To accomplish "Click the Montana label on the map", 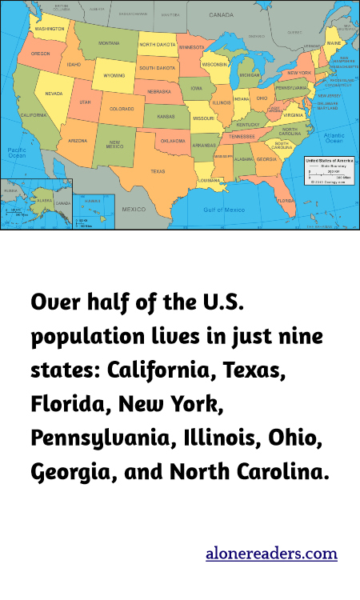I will [x=109, y=42].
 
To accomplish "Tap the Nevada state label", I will [x=54, y=94].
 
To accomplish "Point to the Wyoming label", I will [x=114, y=76].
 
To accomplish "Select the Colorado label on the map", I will [x=122, y=109].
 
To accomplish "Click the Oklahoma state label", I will [x=173, y=141].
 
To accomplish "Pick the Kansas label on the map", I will [x=166, y=116].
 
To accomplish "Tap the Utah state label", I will [x=85, y=103].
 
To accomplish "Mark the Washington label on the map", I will [x=50, y=28].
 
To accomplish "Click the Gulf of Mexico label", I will [x=223, y=209].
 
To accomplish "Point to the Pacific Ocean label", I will [x=17, y=153].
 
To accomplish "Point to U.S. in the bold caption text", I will [x=216, y=304].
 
